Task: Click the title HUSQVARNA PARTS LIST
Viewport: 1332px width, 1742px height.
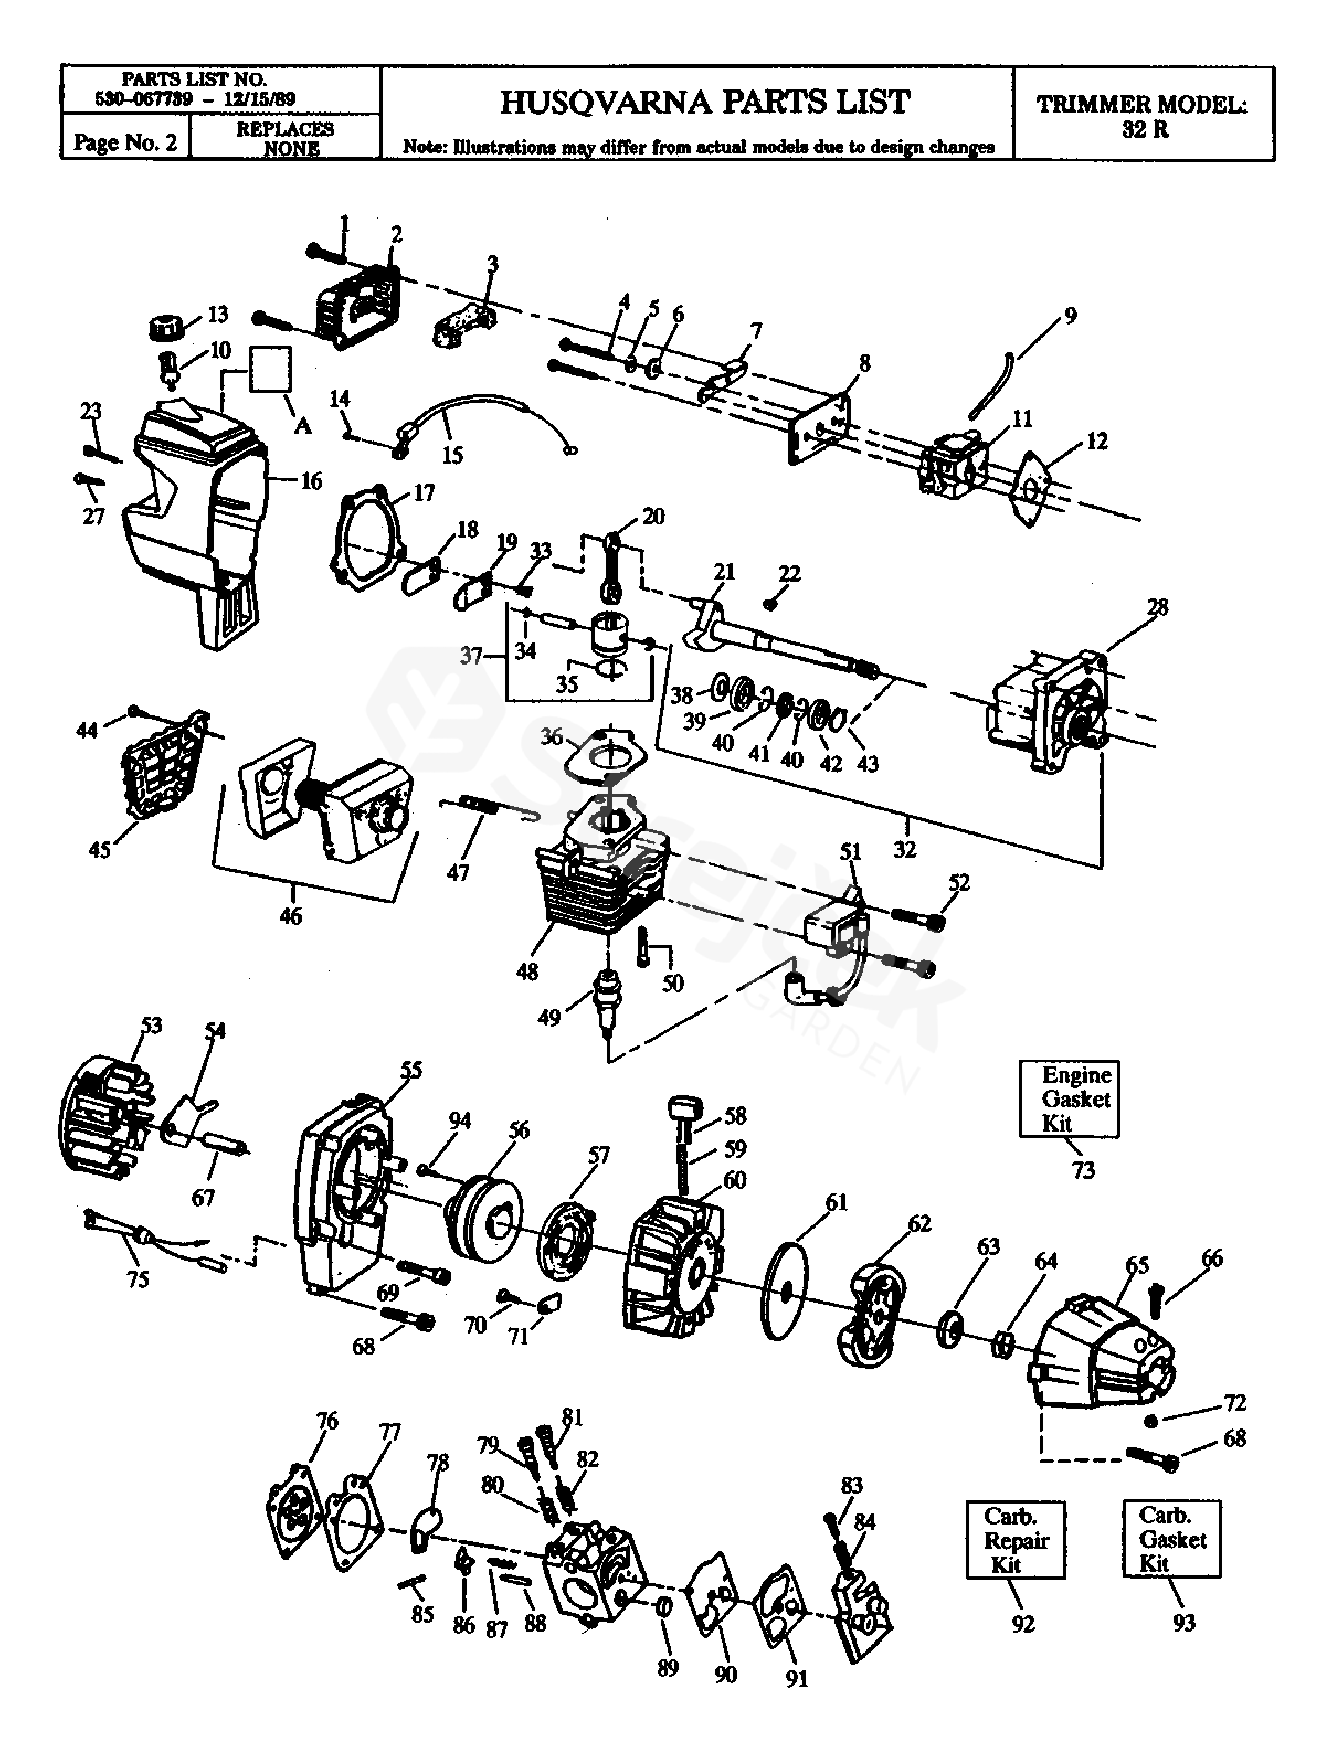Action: click(705, 102)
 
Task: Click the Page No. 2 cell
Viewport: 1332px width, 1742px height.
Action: click(125, 142)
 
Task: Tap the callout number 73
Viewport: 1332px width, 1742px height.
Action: click(1083, 1170)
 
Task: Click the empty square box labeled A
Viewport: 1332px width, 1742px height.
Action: click(271, 369)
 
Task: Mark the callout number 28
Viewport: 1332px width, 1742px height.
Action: click(1157, 608)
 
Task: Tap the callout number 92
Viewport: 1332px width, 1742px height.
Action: click(1024, 1623)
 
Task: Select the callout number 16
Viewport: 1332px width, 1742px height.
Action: click(311, 481)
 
